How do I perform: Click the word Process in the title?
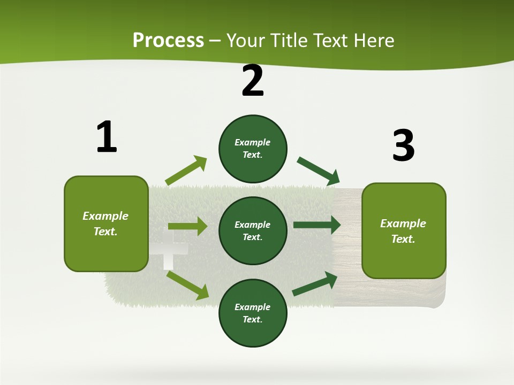tap(168, 41)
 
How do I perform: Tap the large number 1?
tap(106, 137)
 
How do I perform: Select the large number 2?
tap(253, 81)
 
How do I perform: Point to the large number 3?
tap(403, 145)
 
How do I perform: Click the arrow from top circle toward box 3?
tap(318, 170)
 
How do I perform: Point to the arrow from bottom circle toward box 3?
tap(315, 284)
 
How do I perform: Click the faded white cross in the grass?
tap(168, 255)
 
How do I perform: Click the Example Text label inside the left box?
tap(105, 224)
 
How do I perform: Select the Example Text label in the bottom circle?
tap(253, 313)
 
